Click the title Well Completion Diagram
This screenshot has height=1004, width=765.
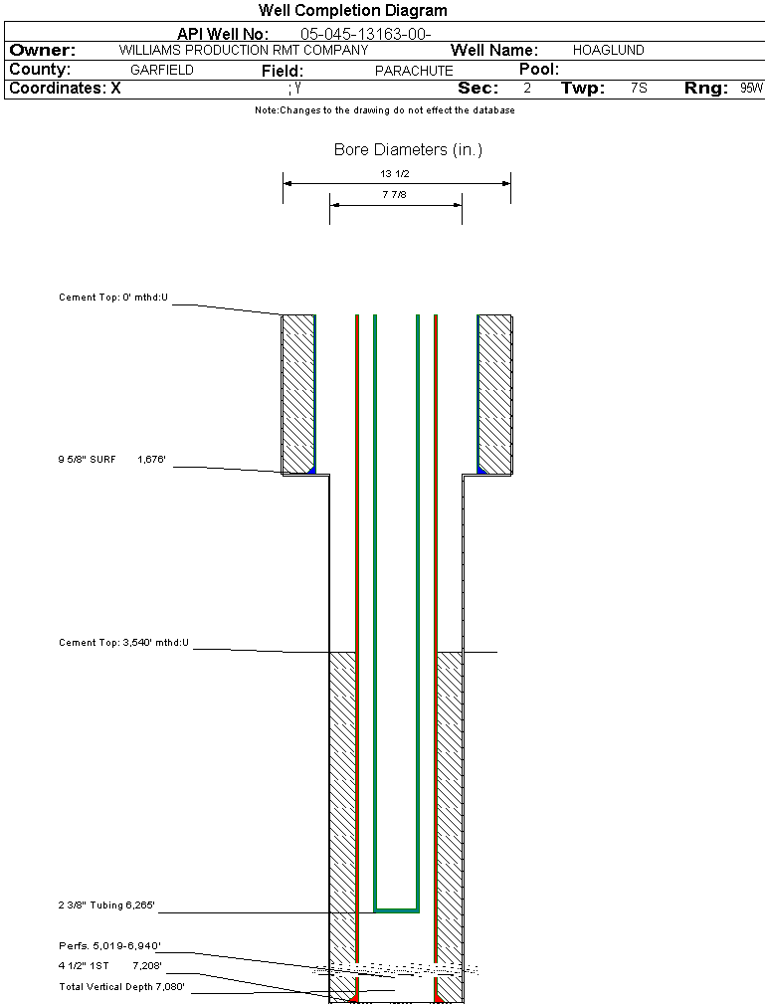[352, 11]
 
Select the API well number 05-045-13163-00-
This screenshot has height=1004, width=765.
[365, 34]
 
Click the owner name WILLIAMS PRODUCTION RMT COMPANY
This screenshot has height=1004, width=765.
[243, 50]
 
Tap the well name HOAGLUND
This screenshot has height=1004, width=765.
[608, 50]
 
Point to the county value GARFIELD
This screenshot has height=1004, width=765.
[162, 71]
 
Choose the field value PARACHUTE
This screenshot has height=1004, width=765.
[414, 71]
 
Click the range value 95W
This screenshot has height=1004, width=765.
[751, 89]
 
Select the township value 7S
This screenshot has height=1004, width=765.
[639, 89]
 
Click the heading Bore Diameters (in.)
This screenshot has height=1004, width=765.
[408, 150]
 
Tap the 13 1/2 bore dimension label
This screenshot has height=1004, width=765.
[395, 173]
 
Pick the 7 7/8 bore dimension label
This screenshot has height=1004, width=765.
[395, 195]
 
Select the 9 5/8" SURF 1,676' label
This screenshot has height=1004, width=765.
[110, 460]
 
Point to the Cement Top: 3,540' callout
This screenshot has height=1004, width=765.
[123, 644]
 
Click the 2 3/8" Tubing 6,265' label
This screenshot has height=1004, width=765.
[106, 906]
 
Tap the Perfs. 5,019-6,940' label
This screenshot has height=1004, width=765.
[109, 946]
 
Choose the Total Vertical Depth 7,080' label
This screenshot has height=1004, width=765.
[122, 987]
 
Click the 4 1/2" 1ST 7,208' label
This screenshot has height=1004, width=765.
[109, 966]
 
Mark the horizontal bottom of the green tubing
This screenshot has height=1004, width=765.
[396, 910]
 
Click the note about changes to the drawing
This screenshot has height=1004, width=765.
[384, 110]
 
